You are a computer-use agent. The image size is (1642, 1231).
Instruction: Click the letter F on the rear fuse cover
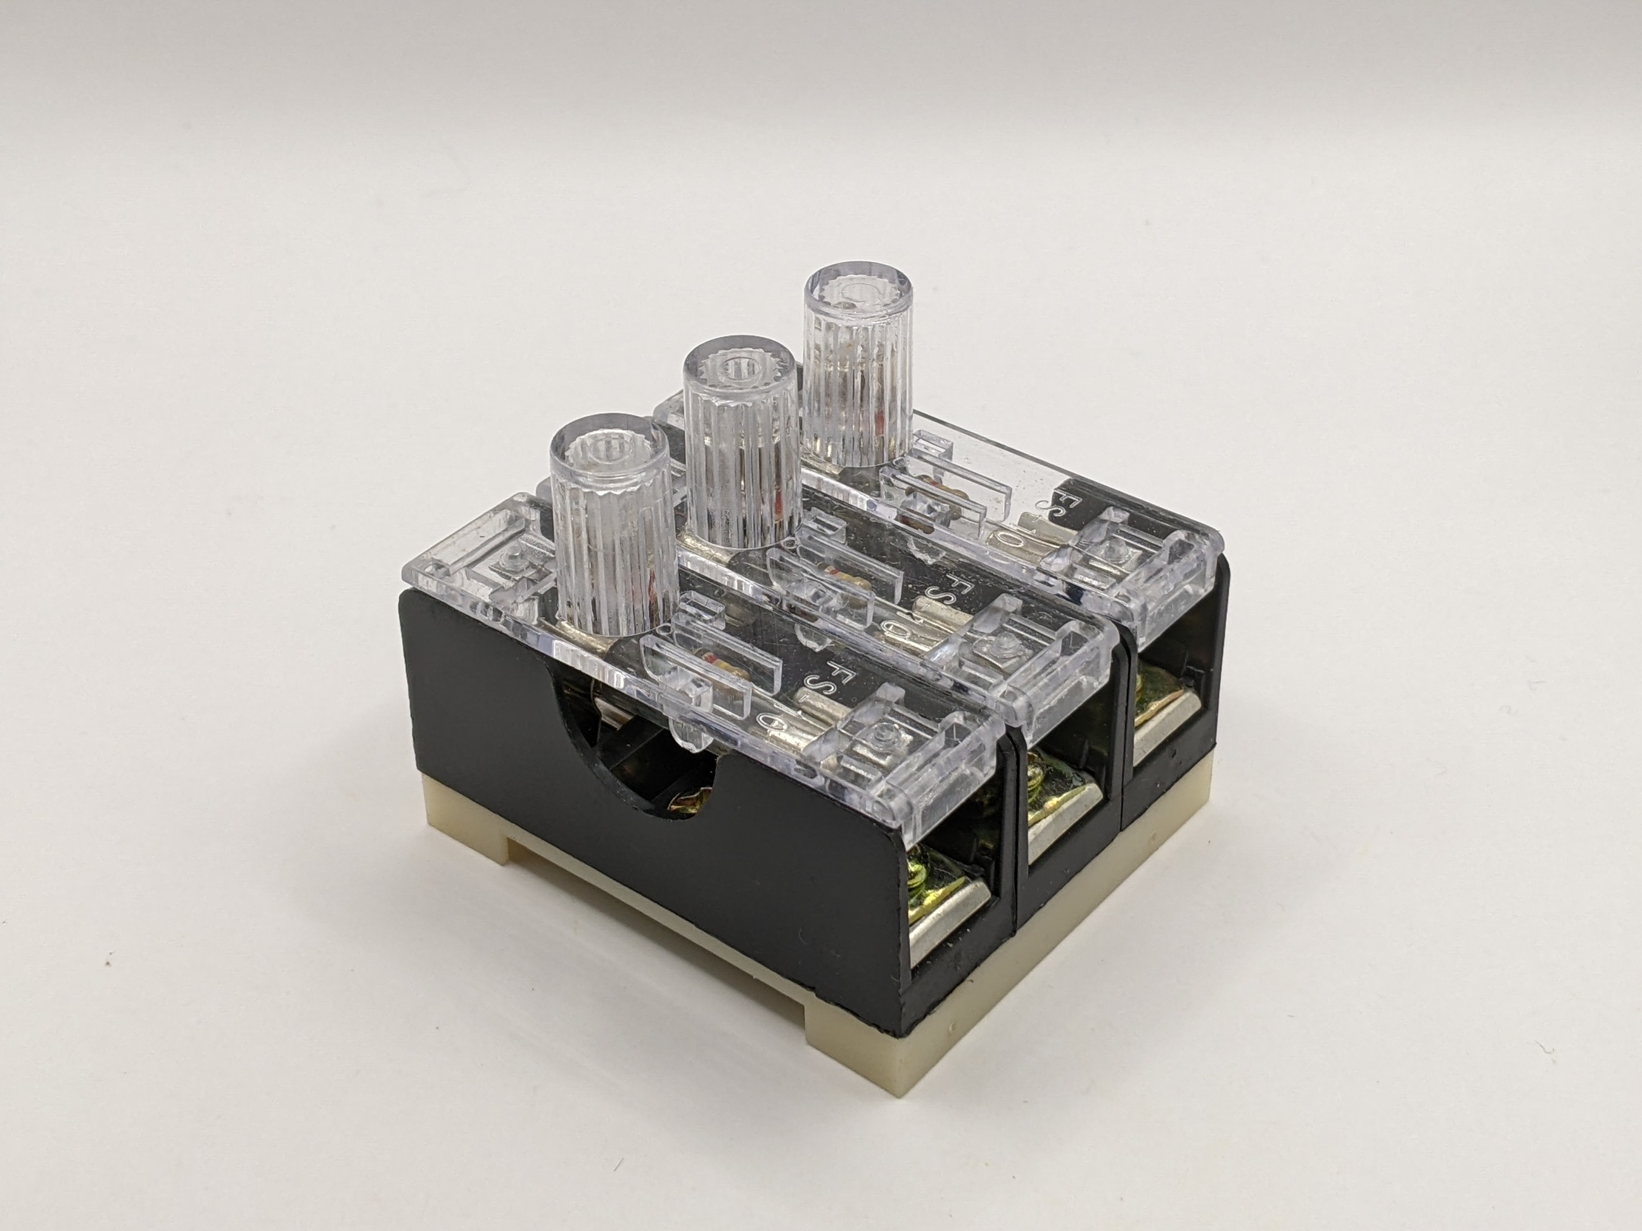(1059, 500)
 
